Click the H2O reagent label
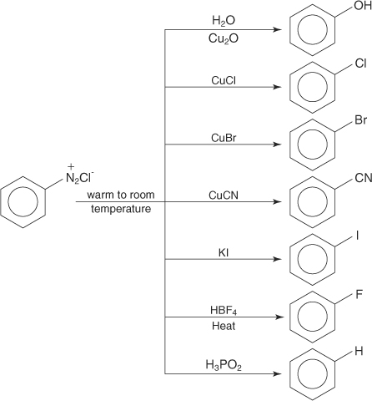click(x=224, y=21)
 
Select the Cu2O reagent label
click(x=224, y=39)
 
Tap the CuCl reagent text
click(x=224, y=80)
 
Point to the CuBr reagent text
click(x=224, y=138)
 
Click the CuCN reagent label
click(x=224, y=195)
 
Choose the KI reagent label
click(x=224, y=253)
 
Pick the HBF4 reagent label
click(x=224, y=311)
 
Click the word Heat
click(x=224, y=326)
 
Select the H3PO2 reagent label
click(x=224, y=365)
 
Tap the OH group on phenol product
click(x=363, y=6)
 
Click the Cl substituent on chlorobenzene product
click(x=360, y=63)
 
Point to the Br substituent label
click(x=361, y=120)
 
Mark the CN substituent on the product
click(x=363, y=178)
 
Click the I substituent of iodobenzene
click(x=357, y=236)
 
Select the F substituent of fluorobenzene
click(x=359, y=294)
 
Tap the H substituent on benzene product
click(x=359, y=351)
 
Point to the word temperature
click(x=121, y=209)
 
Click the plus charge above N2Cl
click(x=71, y=166)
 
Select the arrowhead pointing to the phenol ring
click(x=277, y=29)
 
